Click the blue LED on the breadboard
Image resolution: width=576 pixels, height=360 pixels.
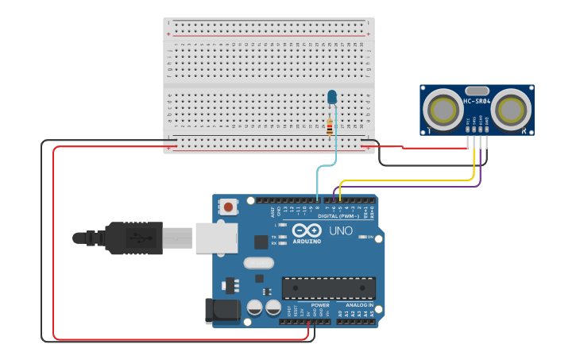(331, 97)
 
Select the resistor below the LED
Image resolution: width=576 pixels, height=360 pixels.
(330, 126)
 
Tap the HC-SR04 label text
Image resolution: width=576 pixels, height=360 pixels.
(476, 101)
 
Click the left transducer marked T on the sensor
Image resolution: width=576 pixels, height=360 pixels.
(442, 110)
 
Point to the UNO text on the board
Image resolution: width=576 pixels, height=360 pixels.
(341, 230)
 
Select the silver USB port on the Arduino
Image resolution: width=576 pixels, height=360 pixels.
(214, 237)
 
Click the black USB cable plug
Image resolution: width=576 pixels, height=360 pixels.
(135, 238)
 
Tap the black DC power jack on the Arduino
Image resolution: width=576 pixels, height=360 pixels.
(222, 311)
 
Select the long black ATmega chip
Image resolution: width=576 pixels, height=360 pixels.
(329, 288)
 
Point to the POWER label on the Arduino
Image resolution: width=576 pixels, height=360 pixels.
(320, 304)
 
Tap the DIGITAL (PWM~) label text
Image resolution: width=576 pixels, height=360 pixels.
(338, 215)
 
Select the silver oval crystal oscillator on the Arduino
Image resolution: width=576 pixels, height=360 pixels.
(258, 263)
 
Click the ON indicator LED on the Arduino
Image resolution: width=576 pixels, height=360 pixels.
(364, 237)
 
